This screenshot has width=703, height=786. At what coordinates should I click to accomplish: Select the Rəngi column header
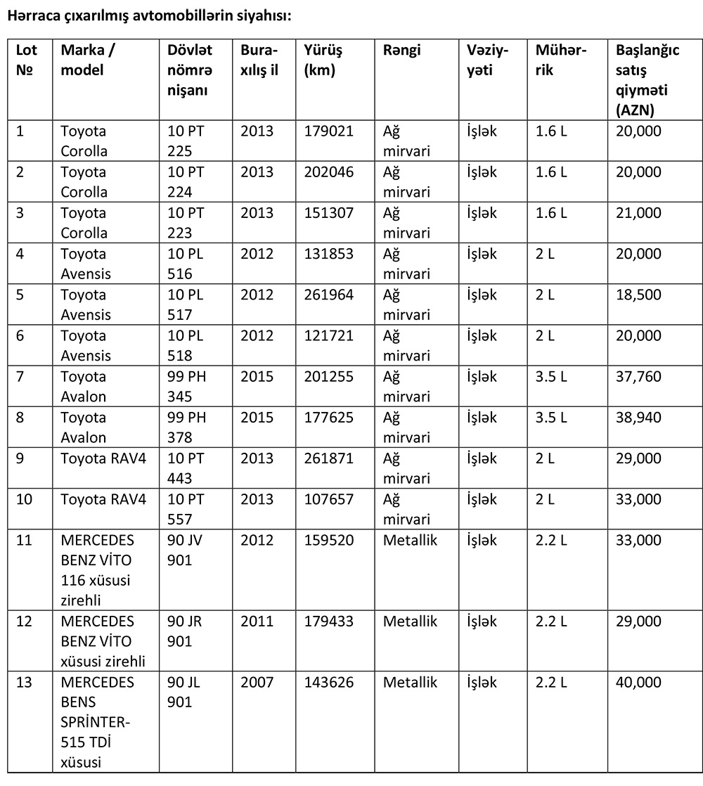click(402, 51)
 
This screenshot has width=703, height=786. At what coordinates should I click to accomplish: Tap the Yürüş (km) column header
click(323, 60)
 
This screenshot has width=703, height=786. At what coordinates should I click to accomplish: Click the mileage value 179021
click(329, 131)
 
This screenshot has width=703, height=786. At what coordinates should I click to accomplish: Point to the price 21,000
click(638, 213)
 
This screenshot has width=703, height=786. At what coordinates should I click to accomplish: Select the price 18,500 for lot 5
click(638, 295)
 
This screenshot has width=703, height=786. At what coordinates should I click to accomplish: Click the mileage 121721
click(329, 336)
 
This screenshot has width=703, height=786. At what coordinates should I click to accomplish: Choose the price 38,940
click(638, 418)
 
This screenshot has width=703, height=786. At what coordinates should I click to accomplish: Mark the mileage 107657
click(329, 500)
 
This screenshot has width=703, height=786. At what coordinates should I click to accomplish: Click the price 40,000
click(638, 683)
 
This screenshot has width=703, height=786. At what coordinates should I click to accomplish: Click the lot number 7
click(20, 377)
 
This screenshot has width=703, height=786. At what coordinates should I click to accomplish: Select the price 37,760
click(638, 377)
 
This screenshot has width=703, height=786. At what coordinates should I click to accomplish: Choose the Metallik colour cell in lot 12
click(411, 622)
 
